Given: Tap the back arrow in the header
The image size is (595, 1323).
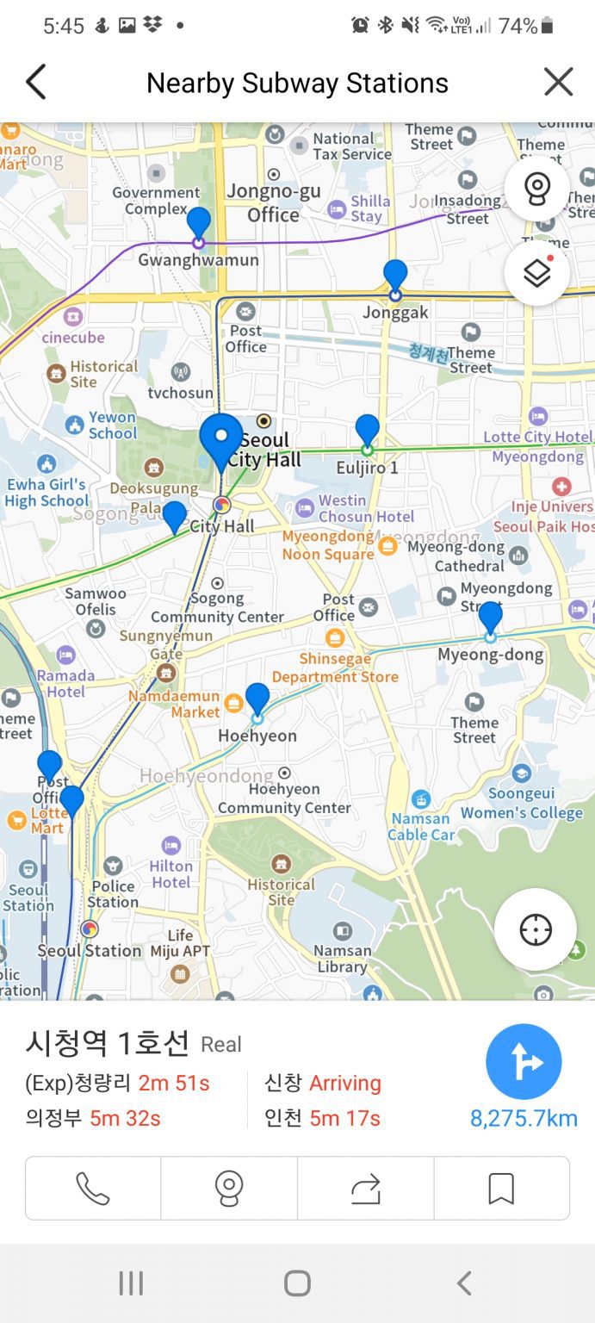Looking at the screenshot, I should (35, 83).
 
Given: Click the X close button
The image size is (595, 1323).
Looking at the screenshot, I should (558, 83).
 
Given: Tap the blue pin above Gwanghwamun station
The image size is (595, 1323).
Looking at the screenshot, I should (199, 223).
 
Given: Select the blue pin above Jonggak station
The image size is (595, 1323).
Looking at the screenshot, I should (395, 275).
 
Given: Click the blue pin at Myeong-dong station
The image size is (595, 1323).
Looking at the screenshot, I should (490, 617).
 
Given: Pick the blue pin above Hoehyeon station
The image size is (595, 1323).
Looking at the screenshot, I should (257, 699).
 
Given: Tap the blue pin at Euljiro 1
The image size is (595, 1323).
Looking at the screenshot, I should (368, 430).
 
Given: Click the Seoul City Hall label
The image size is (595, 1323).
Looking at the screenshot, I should (265, 450).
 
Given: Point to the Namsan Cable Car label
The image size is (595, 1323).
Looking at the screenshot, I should (421, 826).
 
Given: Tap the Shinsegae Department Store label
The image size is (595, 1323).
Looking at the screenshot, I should (335, 668).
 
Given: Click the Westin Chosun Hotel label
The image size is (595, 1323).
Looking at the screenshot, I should (366, 508).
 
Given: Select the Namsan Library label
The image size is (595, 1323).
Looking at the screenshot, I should (342, 958).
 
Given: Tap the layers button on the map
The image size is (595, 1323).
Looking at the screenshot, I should (536, 274).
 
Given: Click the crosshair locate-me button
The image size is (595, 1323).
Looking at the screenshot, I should (535, 930).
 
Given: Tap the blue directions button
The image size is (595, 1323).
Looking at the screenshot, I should (524, 1062).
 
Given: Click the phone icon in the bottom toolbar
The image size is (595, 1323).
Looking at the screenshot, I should (93, 1189).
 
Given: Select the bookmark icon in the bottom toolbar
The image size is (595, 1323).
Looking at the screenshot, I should (501, 1189).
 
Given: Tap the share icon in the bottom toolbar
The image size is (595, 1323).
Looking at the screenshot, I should (366, 1189).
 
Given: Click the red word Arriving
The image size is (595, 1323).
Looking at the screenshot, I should (344, 1083).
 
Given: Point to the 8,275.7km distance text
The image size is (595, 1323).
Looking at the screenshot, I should (524, 1118).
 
